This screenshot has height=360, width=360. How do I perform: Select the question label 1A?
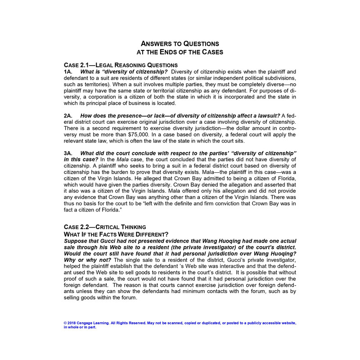[x=68, y=72]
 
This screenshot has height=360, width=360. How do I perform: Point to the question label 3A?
[x=68, y=153]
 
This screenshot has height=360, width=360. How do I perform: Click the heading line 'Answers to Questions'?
[x=180, y=44]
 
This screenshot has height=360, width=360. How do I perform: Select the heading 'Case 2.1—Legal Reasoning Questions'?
[x=121, y=65]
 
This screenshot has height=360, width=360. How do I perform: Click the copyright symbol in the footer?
[x=66, y=323]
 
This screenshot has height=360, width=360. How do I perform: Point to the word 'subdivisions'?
[x=276, y=78]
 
